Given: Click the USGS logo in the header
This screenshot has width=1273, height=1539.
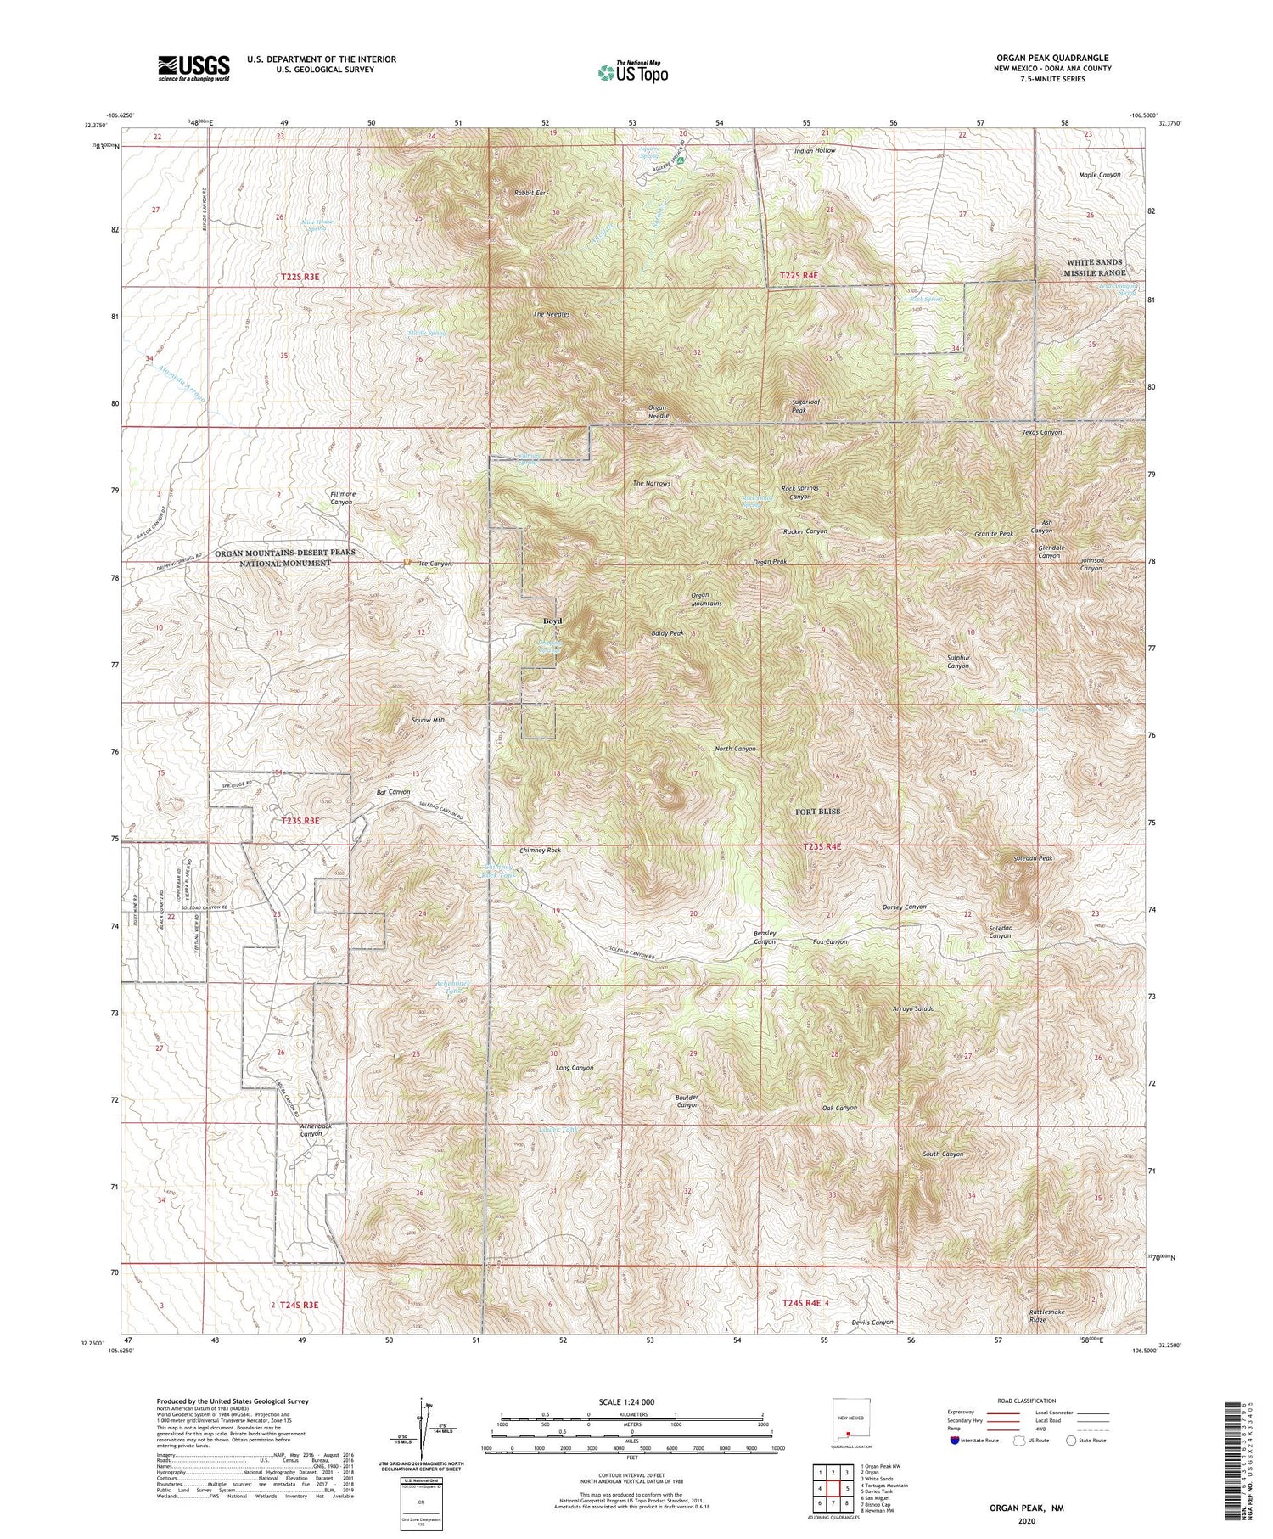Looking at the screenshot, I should pyautogui.click(x=193, y=68).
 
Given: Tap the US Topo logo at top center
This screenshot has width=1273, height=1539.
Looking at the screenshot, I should pyautogui.click(x=633, y=72).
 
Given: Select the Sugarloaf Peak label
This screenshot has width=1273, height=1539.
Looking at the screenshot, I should pyautogui.click(x=800, y=406).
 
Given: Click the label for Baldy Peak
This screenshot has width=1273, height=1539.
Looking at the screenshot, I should pyautogui.click(x=667, y=633).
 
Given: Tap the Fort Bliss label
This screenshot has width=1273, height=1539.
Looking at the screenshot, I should pyautogui.click(x=817, y=811).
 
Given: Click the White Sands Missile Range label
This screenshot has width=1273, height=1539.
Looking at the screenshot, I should pyautogui.click(x=1096, y=267).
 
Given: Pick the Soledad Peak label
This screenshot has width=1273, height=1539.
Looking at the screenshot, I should pyautogui.click(x=1033, y=858).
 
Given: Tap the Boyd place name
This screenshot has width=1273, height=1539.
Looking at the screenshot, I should pyautogui.click(x=552, y=621).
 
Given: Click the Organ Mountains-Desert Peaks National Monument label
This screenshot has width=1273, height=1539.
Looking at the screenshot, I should pyautogui.click(x=272, y=557).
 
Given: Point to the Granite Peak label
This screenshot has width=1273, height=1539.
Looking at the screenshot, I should pyautogui.click(x=994, y=534).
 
